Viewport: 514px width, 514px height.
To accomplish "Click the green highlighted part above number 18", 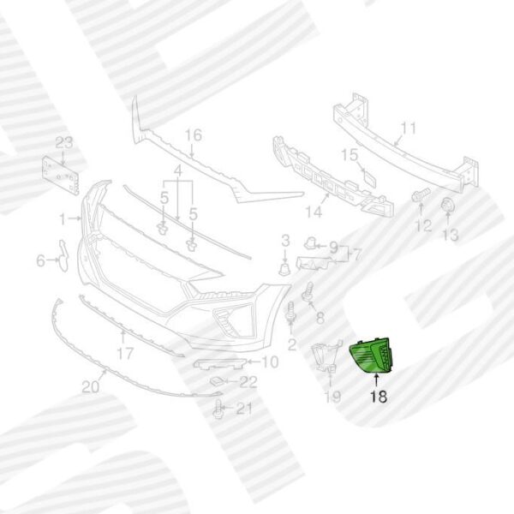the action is coord(372,356).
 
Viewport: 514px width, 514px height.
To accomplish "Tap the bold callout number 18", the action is coord(379,397).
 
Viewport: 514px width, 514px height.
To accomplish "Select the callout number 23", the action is coord(64,143).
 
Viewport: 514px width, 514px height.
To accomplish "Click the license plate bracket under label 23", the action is coord(61,176).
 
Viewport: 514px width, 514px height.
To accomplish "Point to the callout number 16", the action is coord(194,135).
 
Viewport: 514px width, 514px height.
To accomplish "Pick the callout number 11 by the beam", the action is coord(409,128).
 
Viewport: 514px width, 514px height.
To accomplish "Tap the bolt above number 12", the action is coord(421,194).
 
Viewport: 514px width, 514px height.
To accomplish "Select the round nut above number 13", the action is coord(448,205).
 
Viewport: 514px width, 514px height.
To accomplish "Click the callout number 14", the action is coord(314,212).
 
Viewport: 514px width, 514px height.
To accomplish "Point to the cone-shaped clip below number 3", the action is coord(285,269).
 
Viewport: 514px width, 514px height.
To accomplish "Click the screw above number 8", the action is coord(308,293).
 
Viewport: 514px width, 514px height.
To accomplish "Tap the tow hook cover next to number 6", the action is coord(63,255).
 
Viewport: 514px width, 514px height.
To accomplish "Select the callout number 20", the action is coord(91,387).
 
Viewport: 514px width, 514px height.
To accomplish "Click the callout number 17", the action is coord(126,353).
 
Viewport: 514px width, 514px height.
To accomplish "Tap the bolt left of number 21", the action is coord(218,409).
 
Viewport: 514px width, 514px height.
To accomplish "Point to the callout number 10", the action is coord(270,362).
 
